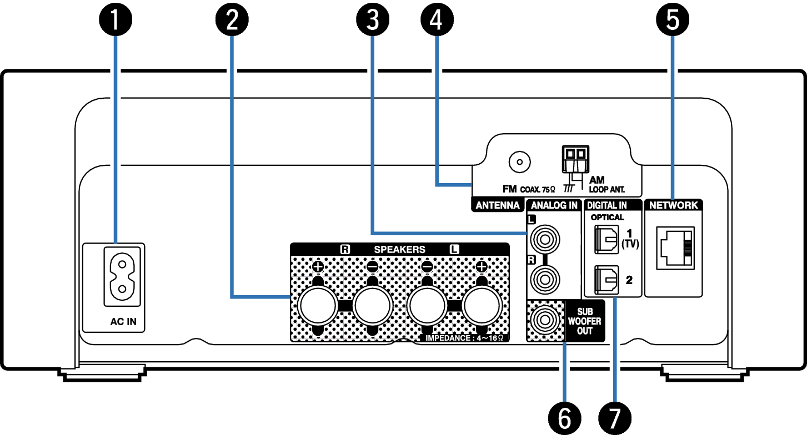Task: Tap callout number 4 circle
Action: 437,21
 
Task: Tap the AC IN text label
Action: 123,321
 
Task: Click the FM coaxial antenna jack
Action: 519,163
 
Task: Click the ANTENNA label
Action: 497,205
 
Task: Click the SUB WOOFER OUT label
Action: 584,321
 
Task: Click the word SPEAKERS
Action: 399,250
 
